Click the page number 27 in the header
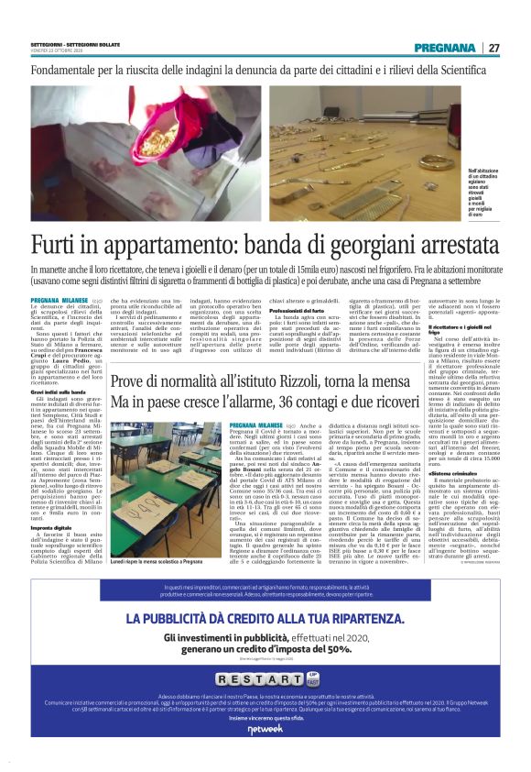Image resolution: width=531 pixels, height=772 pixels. (493, 48)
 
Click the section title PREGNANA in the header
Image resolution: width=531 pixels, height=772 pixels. (444, 48)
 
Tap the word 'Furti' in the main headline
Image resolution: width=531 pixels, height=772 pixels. (56, 246)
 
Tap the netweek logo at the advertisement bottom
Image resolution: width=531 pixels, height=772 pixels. (265, 729)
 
